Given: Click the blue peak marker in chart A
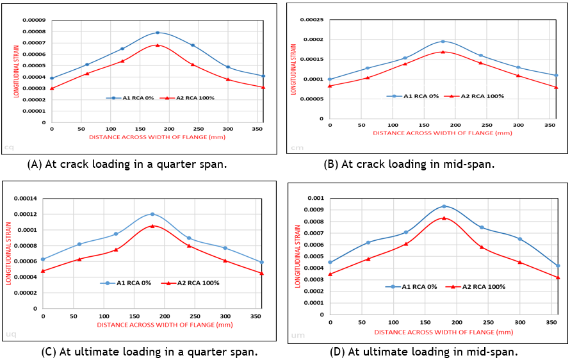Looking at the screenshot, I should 158,33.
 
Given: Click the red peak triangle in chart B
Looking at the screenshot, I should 443,52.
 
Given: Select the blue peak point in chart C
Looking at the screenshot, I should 152,214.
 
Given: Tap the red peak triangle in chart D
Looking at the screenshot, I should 444,218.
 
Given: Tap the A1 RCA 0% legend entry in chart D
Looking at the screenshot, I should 419,286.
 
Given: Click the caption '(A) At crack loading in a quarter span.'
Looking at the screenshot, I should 127,164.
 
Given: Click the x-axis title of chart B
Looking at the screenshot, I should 443,133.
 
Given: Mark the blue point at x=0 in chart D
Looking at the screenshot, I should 330,262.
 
